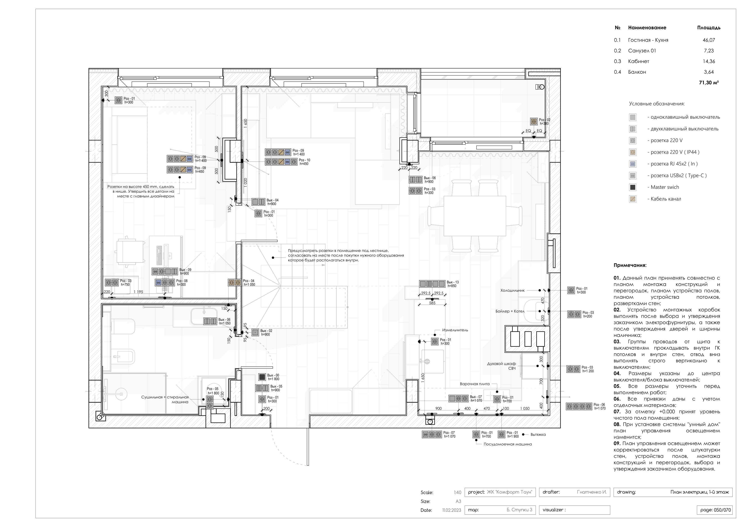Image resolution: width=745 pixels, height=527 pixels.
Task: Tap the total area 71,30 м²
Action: click(x=709, y=83)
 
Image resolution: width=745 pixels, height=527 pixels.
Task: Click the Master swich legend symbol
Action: click(x=632, y=187)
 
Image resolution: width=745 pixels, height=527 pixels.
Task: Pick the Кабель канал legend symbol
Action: click(x=632, y=199)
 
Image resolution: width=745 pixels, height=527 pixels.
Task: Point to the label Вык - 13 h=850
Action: click(x=453, y=284)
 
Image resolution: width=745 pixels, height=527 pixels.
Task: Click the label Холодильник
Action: click(x=512, y=291)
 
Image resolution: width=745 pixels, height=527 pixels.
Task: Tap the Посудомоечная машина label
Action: click(x=507, y=444)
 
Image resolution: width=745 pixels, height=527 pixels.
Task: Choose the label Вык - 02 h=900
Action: click(x=266, y=333)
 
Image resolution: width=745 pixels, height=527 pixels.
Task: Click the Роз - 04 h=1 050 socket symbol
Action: click(x=235, y=283)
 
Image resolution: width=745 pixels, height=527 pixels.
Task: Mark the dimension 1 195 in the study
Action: click(x=138, y=292)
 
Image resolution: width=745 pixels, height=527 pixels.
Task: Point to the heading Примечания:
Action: click(x=630, y=265)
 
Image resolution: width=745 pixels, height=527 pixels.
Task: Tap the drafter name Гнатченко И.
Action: click(x=592, y=492)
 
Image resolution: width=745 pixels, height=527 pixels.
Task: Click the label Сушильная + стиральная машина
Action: click(x=165, y=399)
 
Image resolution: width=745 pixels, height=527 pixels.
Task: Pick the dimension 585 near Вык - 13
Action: click(x=432, y=303)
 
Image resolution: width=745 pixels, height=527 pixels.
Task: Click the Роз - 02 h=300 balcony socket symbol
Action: click(x=534, y=121)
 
